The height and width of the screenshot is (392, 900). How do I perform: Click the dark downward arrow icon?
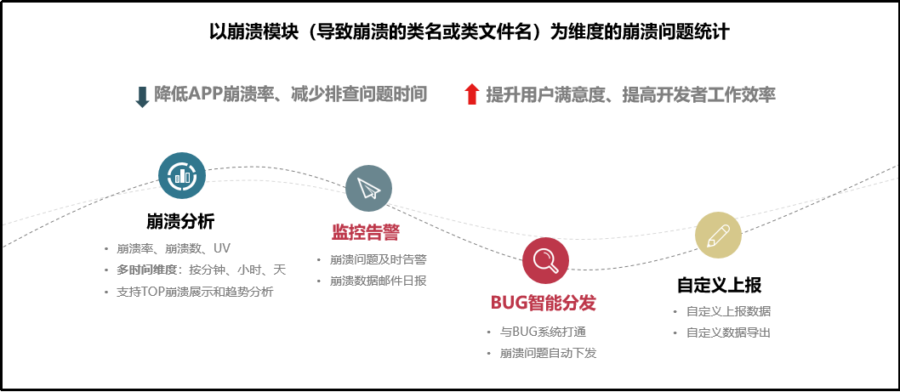(x=142, y=95)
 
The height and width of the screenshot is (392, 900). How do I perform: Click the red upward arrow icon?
(x=472, y=94)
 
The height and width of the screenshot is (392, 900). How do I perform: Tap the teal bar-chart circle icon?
(x=182, y=175)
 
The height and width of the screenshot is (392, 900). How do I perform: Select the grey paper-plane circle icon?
(x=368, y=188)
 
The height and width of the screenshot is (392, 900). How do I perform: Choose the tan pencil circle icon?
(x=718, y=235)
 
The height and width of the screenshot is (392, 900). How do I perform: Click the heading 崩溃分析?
(x=180, y=222)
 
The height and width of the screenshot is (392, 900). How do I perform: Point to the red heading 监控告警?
(x=366, y=233)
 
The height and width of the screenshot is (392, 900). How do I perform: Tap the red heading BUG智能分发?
(x=544, y=303)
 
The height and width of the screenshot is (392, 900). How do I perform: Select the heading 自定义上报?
(x=719, y=285)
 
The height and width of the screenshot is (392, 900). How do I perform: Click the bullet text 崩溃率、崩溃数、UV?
(x=174, y=248)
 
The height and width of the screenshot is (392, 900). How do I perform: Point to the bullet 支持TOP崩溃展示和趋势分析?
(x=195, y=291)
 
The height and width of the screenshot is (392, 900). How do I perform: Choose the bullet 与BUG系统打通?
(x=543, y=332)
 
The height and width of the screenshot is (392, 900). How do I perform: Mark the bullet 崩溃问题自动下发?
(x=548, y=353)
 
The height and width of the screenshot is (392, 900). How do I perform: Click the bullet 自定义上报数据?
(x=728, y=311)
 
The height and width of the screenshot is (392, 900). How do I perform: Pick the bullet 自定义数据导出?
(x=728, y=332)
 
